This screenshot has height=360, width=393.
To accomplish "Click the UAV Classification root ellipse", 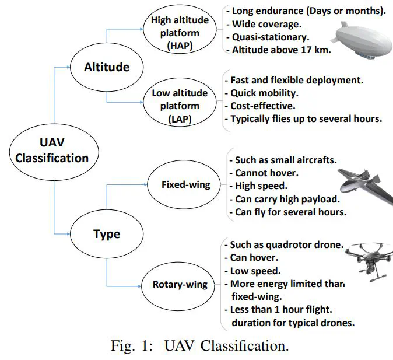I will pyautogui.click(x=52, y=150).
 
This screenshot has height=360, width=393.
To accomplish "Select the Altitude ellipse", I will pyautogui.click(x=106, y=67).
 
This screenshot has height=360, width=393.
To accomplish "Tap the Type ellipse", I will pyautogui.click(x=106, y=234).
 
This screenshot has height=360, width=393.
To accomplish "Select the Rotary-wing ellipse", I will pyautogui.click(x=180, y=285).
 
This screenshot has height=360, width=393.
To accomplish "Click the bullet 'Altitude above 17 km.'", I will pyautogui.click(x=279, y=50).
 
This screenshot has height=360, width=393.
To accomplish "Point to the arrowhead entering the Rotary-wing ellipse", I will pyautogui.click(x=140, y=285).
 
